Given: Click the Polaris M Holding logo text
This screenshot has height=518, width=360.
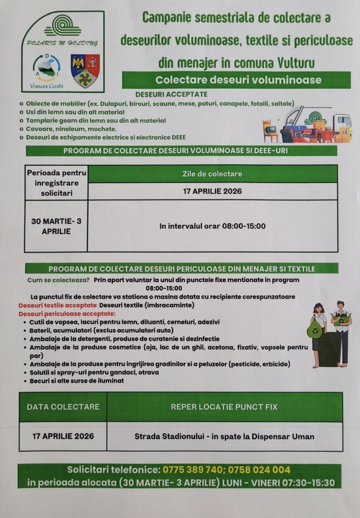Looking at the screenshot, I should tap(62, 43).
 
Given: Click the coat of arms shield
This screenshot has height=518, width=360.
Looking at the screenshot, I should tap(85, 70).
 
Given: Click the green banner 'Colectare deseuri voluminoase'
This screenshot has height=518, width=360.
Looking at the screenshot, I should tap(236, 80).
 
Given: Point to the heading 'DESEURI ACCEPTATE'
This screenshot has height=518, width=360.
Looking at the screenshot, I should tap(171, 94).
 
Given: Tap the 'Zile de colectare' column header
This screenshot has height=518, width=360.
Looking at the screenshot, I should tap(212, 174).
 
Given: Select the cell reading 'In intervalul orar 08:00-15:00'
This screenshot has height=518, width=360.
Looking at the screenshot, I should tap(212, 226).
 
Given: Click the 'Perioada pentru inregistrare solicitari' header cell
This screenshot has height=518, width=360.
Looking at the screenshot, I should tap(56, 183).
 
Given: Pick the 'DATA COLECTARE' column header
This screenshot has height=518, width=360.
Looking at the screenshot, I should tap(63, 407).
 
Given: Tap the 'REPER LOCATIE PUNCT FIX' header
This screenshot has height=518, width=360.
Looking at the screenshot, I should tap(224, 407).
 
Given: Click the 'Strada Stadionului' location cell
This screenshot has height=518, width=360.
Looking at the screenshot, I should tap(224, 436).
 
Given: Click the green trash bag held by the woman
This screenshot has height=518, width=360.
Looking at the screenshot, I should tap(314, 329).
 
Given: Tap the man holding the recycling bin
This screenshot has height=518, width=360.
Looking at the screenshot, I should tap(342, 333).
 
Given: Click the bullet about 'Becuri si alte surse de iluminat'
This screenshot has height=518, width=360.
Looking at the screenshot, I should tap(76, 381).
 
